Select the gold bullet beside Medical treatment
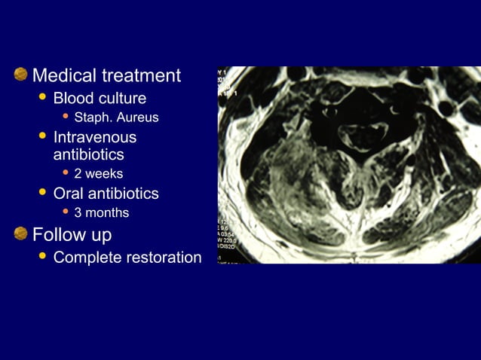20,75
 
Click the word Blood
73,99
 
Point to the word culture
121,99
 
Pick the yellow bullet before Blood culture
42,97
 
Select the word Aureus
137,118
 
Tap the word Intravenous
95,137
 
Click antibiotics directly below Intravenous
88,154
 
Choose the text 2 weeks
99,174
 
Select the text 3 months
102,213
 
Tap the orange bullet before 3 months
66,212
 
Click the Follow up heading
72,235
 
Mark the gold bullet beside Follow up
20,233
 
